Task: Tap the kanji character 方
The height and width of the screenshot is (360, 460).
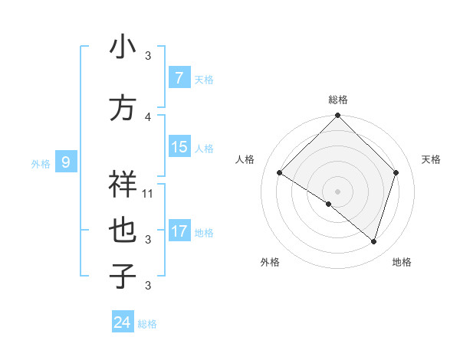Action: click(x=123, y=108)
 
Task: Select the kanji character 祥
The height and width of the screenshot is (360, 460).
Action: click(x=123, y=185)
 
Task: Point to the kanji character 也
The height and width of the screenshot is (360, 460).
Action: click(x=123, y=231)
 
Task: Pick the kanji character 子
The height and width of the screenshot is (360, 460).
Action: click(x=123, y=277)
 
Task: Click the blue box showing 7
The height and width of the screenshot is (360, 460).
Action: click(x=179, y=78)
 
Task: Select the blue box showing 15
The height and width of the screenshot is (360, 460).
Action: click(x=179, y=147)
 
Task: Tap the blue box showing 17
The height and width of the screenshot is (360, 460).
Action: click(x=179, y=231)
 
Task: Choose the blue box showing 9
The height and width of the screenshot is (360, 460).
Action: click(x=66, y=162)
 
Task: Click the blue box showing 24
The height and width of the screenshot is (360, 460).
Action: click(x=123, y=322)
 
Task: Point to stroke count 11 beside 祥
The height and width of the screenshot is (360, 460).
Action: click(x=148, y=193)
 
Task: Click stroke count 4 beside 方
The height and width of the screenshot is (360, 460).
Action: click(x=148, y=116)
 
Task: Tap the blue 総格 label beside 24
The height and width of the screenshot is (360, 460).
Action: click(x=148, y=324)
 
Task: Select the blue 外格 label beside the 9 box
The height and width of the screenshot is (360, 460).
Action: click(x=41, y=163)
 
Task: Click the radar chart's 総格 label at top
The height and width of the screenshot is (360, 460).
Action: click(x=338, y=100)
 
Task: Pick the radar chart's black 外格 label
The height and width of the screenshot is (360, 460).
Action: click(x=270, y=262)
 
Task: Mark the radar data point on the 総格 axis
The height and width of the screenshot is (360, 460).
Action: click(x=338, y=116)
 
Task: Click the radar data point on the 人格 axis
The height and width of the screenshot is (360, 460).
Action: click(x=280, y=173)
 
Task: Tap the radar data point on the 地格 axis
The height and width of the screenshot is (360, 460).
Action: click(x=373, y=241)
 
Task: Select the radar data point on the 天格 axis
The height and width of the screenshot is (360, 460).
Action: click(x=396, y=173)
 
